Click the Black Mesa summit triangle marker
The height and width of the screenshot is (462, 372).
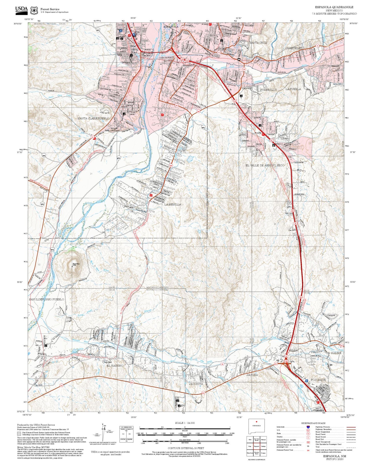[72, 266]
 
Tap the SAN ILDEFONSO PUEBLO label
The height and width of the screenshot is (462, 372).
[46, 300]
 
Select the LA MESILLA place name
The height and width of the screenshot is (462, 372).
[173, 204]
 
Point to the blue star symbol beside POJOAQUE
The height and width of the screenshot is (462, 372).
[306, 380]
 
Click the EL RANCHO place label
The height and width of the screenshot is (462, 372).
[115, 365]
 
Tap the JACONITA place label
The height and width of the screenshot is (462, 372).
[196, 384]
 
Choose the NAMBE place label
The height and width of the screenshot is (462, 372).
[336, 353]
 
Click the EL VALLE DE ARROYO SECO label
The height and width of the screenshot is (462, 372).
[265, 165]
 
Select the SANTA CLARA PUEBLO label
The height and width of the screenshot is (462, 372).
[93, 118]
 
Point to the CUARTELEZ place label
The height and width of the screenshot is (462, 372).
[293, 48]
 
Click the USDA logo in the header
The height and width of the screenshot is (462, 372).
[21, 10]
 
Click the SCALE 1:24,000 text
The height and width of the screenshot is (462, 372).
[185, 423]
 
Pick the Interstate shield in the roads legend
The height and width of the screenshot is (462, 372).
[308, 427]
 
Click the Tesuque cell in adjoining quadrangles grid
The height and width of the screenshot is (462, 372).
[263, 453]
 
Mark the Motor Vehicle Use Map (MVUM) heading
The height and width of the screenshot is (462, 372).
[33, 447]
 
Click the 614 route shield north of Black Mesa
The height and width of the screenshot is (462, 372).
[52, 250]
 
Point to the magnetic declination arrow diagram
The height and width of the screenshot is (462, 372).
[103, 433]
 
